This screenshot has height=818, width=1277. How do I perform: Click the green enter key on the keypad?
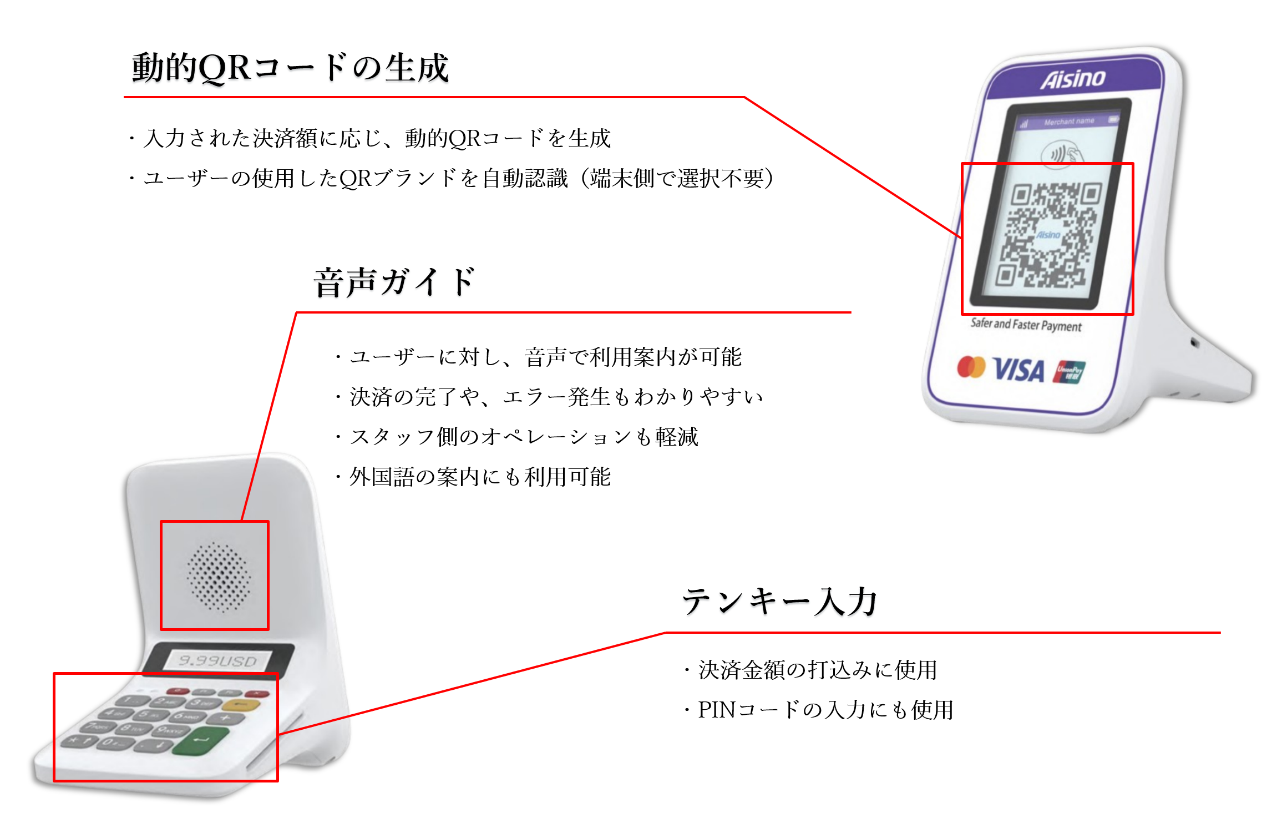[x=201, y=741]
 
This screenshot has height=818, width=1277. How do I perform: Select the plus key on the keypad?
[x=226, y=719]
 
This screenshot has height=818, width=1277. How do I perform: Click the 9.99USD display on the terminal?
[x=218, y=660]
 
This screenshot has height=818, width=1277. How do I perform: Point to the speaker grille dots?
[x=218, y=577]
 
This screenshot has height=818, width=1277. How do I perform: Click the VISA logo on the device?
[x=1018, y=370]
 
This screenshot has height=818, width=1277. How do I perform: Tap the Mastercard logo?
[x=971, y=367]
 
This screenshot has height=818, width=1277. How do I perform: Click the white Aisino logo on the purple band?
[x=1073, y=79]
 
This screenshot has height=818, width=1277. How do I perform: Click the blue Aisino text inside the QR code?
[x=1048, y=235]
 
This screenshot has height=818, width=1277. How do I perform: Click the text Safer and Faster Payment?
[x=1026, y=325]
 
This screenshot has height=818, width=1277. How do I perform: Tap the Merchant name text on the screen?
[x=1069, y=122]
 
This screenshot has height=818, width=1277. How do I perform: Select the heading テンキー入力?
[x=779, y=602]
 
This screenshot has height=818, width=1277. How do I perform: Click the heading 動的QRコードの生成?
[x=290, y=68]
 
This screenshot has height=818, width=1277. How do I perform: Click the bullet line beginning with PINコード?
[x=825, y=710]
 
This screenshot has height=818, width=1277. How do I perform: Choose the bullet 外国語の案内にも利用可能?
[x=480, y=477]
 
